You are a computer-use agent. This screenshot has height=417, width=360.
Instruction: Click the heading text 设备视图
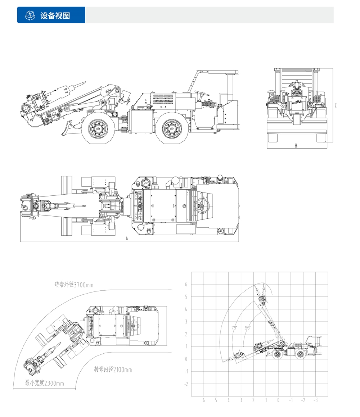pyautogui.click(x=55, y=16)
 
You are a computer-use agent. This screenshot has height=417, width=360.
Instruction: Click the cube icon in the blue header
pyautogui.click(x=30, y=15)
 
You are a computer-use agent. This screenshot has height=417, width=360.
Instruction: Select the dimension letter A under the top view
pyautogui.click(x=127, y=238)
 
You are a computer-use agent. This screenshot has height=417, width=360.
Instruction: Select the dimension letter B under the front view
pyautogui.click(x=296, y=146)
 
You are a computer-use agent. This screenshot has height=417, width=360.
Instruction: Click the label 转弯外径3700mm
pyautogui.click(x=74, y=285)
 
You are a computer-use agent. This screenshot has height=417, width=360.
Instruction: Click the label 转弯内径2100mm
pyautogui.click(x=113, y=370)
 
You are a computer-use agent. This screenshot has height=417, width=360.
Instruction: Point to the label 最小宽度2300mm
pyautogui.click(x=44, y=383)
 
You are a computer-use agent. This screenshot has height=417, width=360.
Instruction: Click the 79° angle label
pyautogui.click(x=235, y=328)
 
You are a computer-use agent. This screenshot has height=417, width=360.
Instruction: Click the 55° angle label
pyautogui.click(x=247, y=328)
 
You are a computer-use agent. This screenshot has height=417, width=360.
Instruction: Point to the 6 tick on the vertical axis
pyautogui.click(x=186, y=284)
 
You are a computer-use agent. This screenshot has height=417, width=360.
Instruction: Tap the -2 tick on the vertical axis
pyautogui.click(x=186, y=384)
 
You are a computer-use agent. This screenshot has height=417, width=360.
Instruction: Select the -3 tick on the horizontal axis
pyautogui.click(x=315, y=400)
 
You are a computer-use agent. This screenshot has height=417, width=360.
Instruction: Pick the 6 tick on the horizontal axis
pyautogui.click(x=204, y=400)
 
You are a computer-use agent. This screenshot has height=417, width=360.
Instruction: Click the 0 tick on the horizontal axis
pyautogui.click(x=278, y=400)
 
